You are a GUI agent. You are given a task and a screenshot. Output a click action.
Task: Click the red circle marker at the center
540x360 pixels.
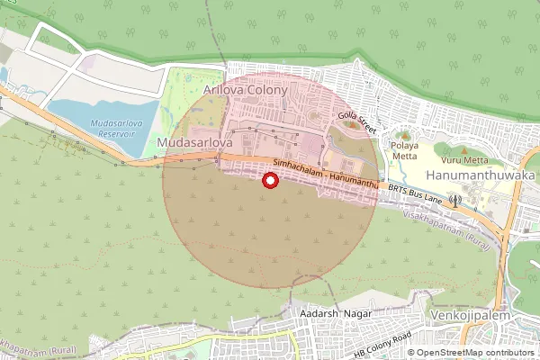268,181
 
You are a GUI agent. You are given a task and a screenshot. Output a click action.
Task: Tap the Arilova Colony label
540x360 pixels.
245,91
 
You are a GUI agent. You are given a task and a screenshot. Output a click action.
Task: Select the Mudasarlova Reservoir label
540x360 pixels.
116,127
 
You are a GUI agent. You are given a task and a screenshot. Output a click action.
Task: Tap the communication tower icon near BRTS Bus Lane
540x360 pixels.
455,199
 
